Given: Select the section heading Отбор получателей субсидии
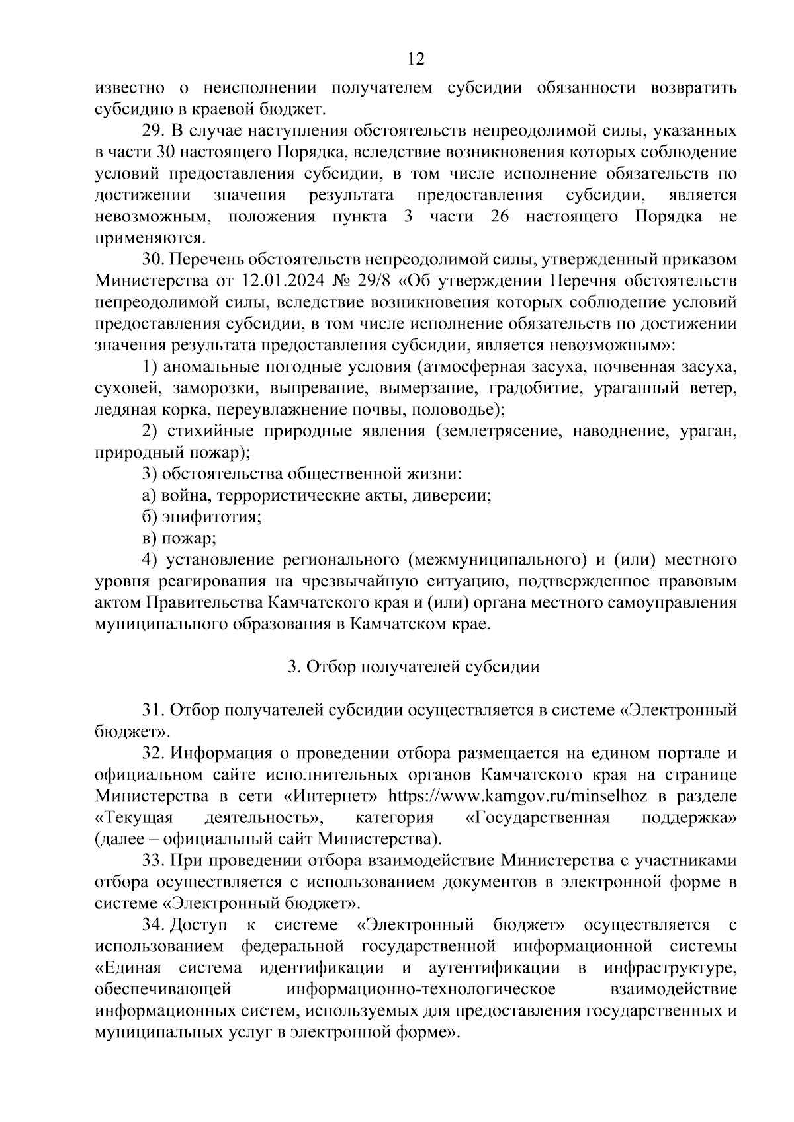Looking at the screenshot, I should [x=414, y=667].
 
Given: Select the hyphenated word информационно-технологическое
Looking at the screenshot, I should [x=420, y=990].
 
